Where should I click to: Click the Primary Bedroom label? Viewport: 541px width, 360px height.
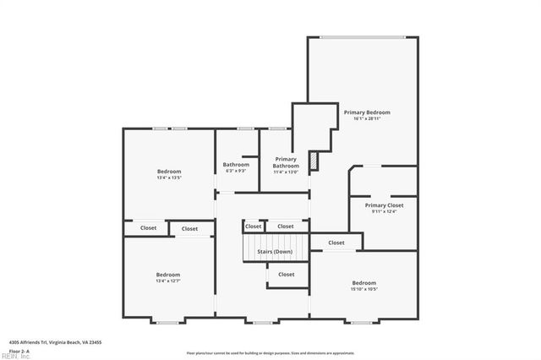pos(367,112)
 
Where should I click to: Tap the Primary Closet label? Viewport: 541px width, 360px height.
pos(385,205)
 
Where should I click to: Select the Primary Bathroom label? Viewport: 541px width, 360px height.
pos(286,162)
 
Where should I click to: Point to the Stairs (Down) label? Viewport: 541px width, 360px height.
pos(275,251)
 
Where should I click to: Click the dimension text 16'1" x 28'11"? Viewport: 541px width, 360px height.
pos(367,118)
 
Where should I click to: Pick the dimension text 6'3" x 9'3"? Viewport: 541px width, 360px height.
pos(236,171)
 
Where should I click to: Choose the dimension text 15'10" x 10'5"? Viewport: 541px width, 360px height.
pos(364,289)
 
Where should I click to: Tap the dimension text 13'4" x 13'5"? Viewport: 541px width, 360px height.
pos(169,177)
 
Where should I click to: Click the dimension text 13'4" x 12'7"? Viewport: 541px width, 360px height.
pos(167,281)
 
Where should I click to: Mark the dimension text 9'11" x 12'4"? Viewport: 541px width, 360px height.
pos(385,211)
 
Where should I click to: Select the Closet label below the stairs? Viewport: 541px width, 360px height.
pos(287,274)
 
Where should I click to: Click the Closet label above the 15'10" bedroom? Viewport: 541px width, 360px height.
pos(336,243)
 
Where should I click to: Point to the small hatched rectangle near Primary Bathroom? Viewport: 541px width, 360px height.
pos(313,160)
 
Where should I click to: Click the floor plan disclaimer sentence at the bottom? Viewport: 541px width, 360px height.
pos(270,352)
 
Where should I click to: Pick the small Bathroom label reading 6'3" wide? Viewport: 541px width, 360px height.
pos(236,164)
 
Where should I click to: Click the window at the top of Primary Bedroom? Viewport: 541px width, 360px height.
pos(362,36)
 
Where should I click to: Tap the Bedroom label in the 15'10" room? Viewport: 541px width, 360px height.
pos(364,282)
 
